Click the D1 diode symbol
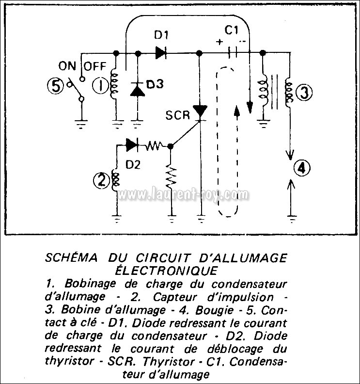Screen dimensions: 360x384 [x=161, y=53]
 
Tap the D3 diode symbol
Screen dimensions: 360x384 [x=138, y=89]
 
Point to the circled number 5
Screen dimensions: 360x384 [x=56, y=87]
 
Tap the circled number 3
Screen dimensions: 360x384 [x=304, y=93]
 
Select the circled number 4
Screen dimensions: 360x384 [x=302, y=168]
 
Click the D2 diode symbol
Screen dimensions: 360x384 [x=132, y=144]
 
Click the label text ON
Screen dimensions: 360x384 [x=67, y=66]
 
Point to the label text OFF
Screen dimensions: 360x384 [x=95, y=66]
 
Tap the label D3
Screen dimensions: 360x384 [x=155, y=84]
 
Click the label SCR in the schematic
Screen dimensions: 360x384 [x=177, y=115]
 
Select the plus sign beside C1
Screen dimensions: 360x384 [x=220, y=42]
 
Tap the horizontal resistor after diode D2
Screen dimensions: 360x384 [x=154, y=145]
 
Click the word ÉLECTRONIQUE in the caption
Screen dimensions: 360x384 [x=166, y=271]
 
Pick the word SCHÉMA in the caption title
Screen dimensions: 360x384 [x=71, y=257]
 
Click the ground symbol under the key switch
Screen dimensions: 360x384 [x=81, y=124]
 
